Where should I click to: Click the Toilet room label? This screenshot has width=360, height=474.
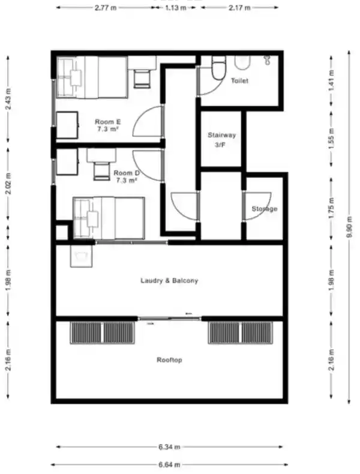239,81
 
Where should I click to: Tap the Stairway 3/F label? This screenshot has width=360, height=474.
221,140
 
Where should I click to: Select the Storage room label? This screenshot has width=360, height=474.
265,209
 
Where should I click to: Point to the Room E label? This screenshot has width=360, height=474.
108,125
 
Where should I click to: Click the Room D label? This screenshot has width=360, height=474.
127,176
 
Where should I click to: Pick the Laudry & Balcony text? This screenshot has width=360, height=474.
169,281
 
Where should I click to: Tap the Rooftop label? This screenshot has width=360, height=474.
169,360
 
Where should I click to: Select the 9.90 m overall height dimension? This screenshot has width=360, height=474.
349,227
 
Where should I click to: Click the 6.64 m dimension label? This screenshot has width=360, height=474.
169,464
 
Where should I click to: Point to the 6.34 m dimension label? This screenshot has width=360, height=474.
169,446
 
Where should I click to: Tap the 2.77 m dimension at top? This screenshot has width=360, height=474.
106,8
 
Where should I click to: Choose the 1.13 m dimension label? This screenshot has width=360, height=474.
176,8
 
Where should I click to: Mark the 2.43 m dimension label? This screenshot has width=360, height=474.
8,99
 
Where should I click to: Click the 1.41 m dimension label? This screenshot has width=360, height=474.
332,81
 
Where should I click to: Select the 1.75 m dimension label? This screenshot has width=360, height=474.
332,208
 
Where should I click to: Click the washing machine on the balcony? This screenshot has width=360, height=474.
81,256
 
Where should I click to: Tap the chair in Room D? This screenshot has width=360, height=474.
101,171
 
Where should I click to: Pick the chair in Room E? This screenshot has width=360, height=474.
142,79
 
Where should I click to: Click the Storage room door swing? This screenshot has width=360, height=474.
257,206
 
